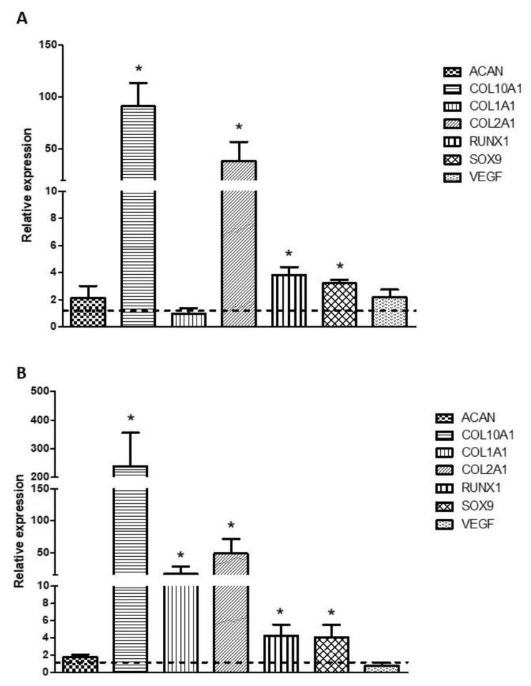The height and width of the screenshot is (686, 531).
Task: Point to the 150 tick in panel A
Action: tap(48, 45)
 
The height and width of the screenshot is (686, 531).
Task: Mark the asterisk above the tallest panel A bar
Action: tap(139, 69)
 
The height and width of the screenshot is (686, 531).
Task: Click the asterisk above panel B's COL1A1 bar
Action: tap(180, 555)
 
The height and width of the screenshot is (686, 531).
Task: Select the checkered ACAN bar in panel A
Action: tap(88, 312)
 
